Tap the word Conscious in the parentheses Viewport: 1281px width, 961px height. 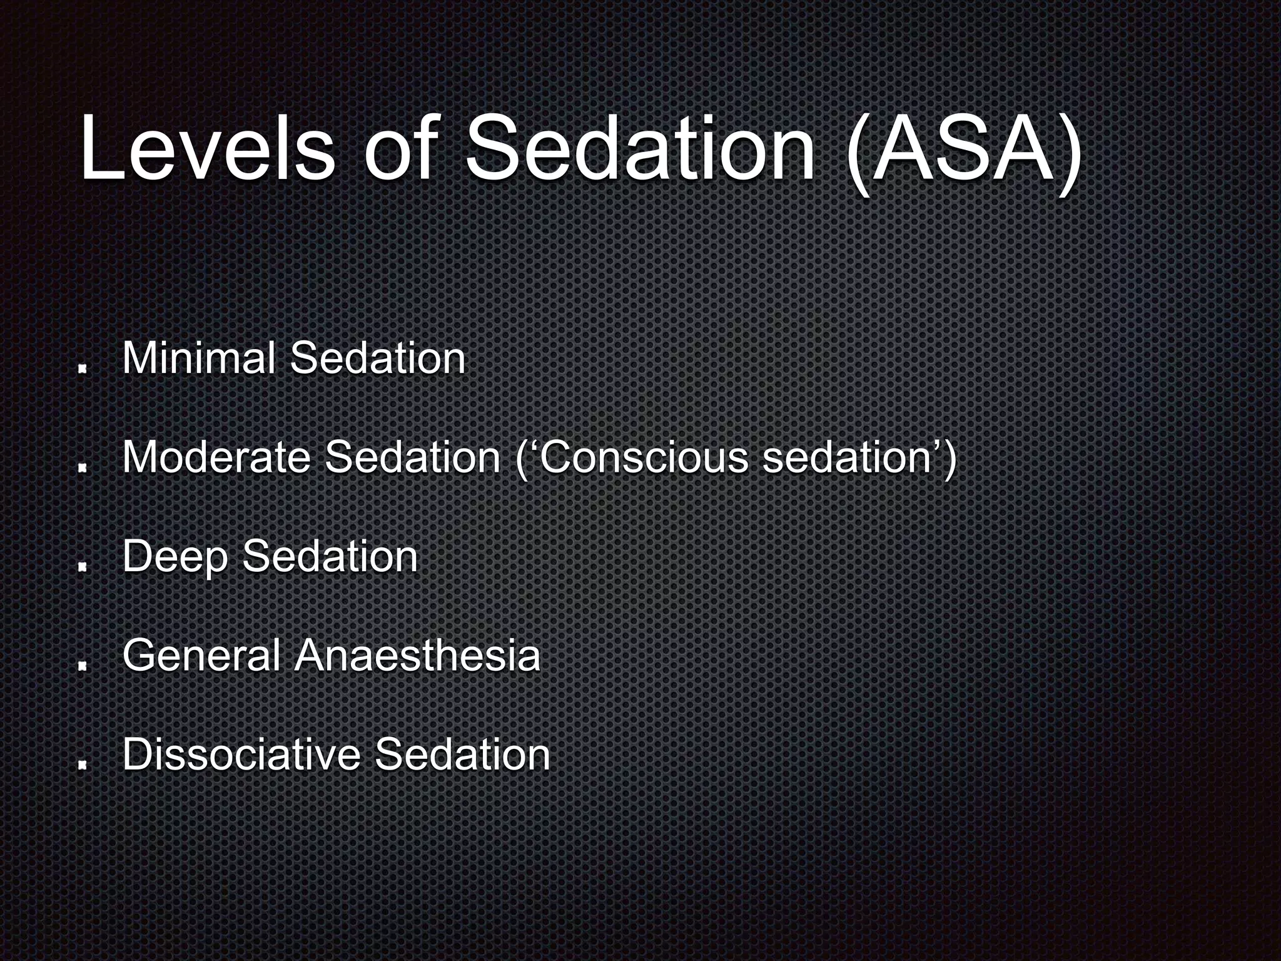point(642,457)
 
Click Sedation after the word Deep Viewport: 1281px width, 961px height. point(330,556)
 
